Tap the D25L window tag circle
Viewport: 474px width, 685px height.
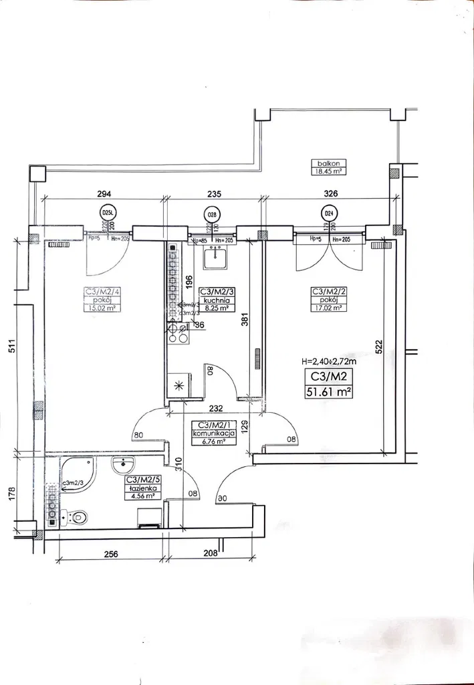[x=107, y=213]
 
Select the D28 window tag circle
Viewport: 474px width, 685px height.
[x=211, y=214]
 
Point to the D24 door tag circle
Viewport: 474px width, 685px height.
[x=328, y=214]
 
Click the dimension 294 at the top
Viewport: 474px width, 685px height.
[x=104, y=194]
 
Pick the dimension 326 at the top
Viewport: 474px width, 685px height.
[x=330, y=194]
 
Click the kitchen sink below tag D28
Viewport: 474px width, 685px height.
[x=215, y=258]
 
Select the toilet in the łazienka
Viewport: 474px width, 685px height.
[x=78, y=516]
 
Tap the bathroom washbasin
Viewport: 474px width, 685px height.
[x=124, y=464]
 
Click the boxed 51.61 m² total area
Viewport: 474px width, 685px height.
[x=328, y=392]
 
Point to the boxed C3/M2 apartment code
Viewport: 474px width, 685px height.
[x=328, y=376]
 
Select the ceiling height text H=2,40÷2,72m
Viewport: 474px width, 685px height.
[x=332, y=362]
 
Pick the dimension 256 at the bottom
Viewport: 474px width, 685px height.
[x=111, y=554]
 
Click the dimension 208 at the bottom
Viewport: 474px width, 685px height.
[x=210, y=554]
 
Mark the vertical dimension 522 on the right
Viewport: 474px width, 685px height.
[x=379, y=347]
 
